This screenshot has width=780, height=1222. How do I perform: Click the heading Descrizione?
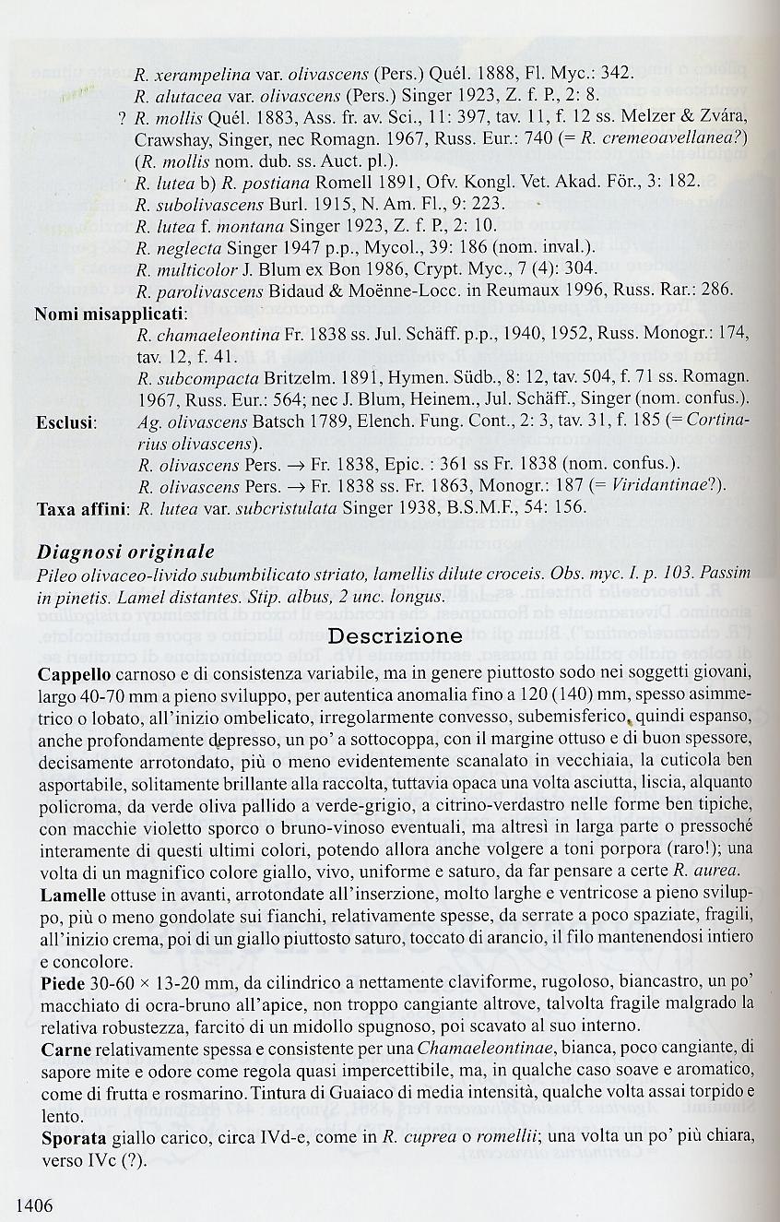point(396,635)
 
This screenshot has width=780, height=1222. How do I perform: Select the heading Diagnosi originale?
point(124,552)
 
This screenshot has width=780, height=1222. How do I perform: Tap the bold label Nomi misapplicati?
point(111,314)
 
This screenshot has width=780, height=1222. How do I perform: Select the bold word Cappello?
point(73,673)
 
